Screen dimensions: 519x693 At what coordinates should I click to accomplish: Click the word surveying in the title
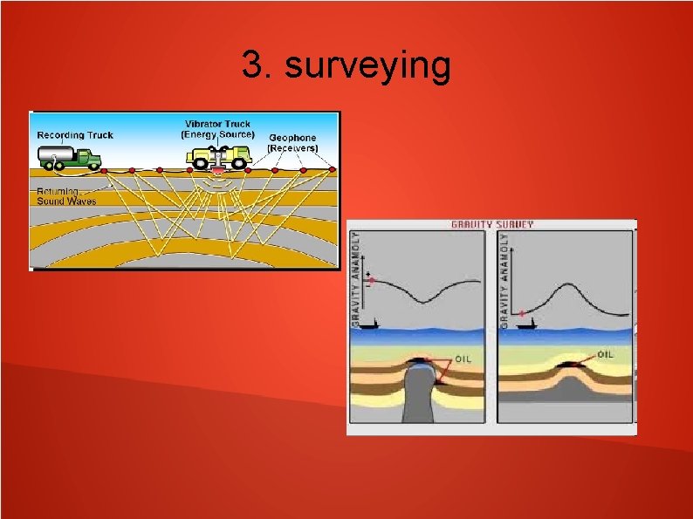coord(367,66)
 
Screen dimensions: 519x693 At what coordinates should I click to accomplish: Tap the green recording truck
coord(70,158)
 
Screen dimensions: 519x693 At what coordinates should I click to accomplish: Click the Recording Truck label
coord(75,135)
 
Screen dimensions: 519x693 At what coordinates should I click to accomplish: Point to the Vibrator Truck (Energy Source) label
coord(217,129)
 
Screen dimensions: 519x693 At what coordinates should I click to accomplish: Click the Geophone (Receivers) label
coord(292,143)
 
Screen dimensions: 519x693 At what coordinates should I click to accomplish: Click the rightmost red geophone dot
coord(333,169)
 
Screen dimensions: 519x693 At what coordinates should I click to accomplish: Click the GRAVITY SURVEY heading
coord(491,225)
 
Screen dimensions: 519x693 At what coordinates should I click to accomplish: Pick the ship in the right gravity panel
coord(524,325)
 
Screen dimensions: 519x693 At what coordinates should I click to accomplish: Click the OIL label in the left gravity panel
coord(463,359)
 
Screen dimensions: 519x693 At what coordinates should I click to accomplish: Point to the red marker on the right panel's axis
coord(521,312)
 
